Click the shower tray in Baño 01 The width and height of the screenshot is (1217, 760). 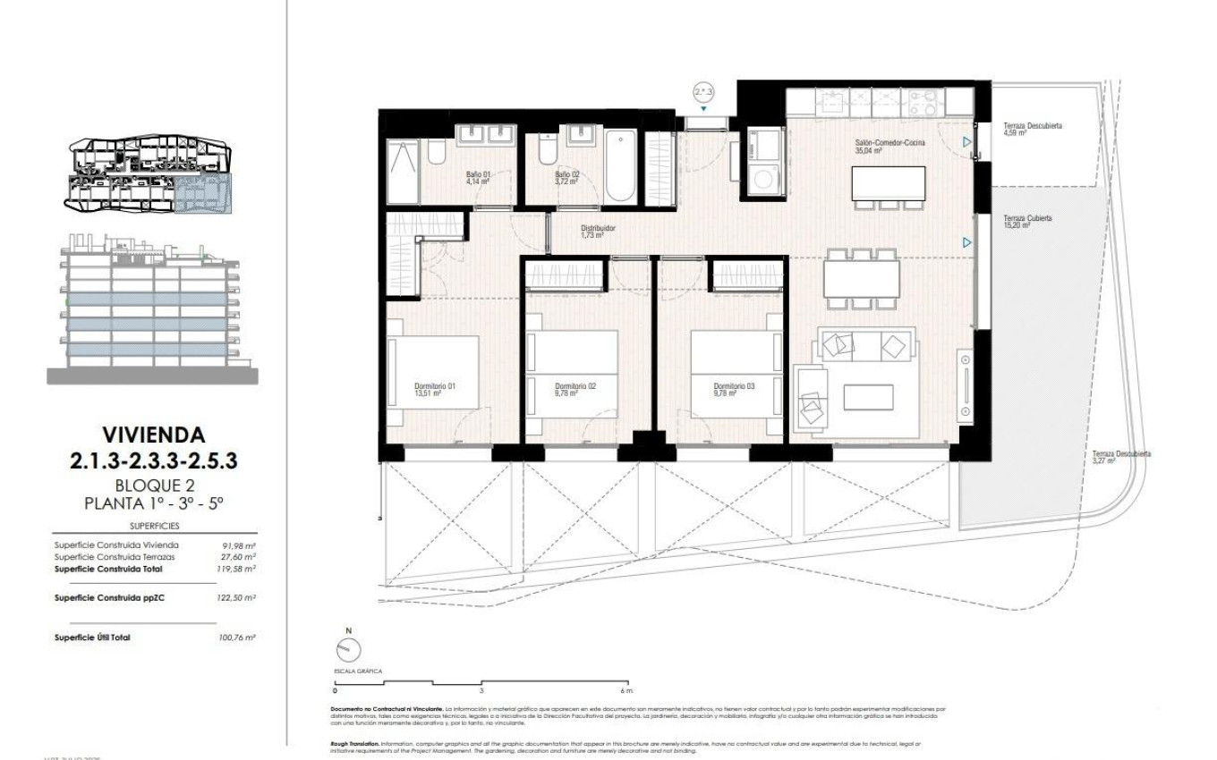pos(402,172)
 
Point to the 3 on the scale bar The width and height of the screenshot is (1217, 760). pos(481,691)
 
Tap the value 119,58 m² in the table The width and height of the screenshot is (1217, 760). pos(239,568)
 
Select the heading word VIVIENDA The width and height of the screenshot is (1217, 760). pos(153,435)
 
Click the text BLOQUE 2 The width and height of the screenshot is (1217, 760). pos(153,486)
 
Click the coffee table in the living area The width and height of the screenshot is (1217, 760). pos(868,397)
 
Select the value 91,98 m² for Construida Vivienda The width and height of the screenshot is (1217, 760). pos(239,545)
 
